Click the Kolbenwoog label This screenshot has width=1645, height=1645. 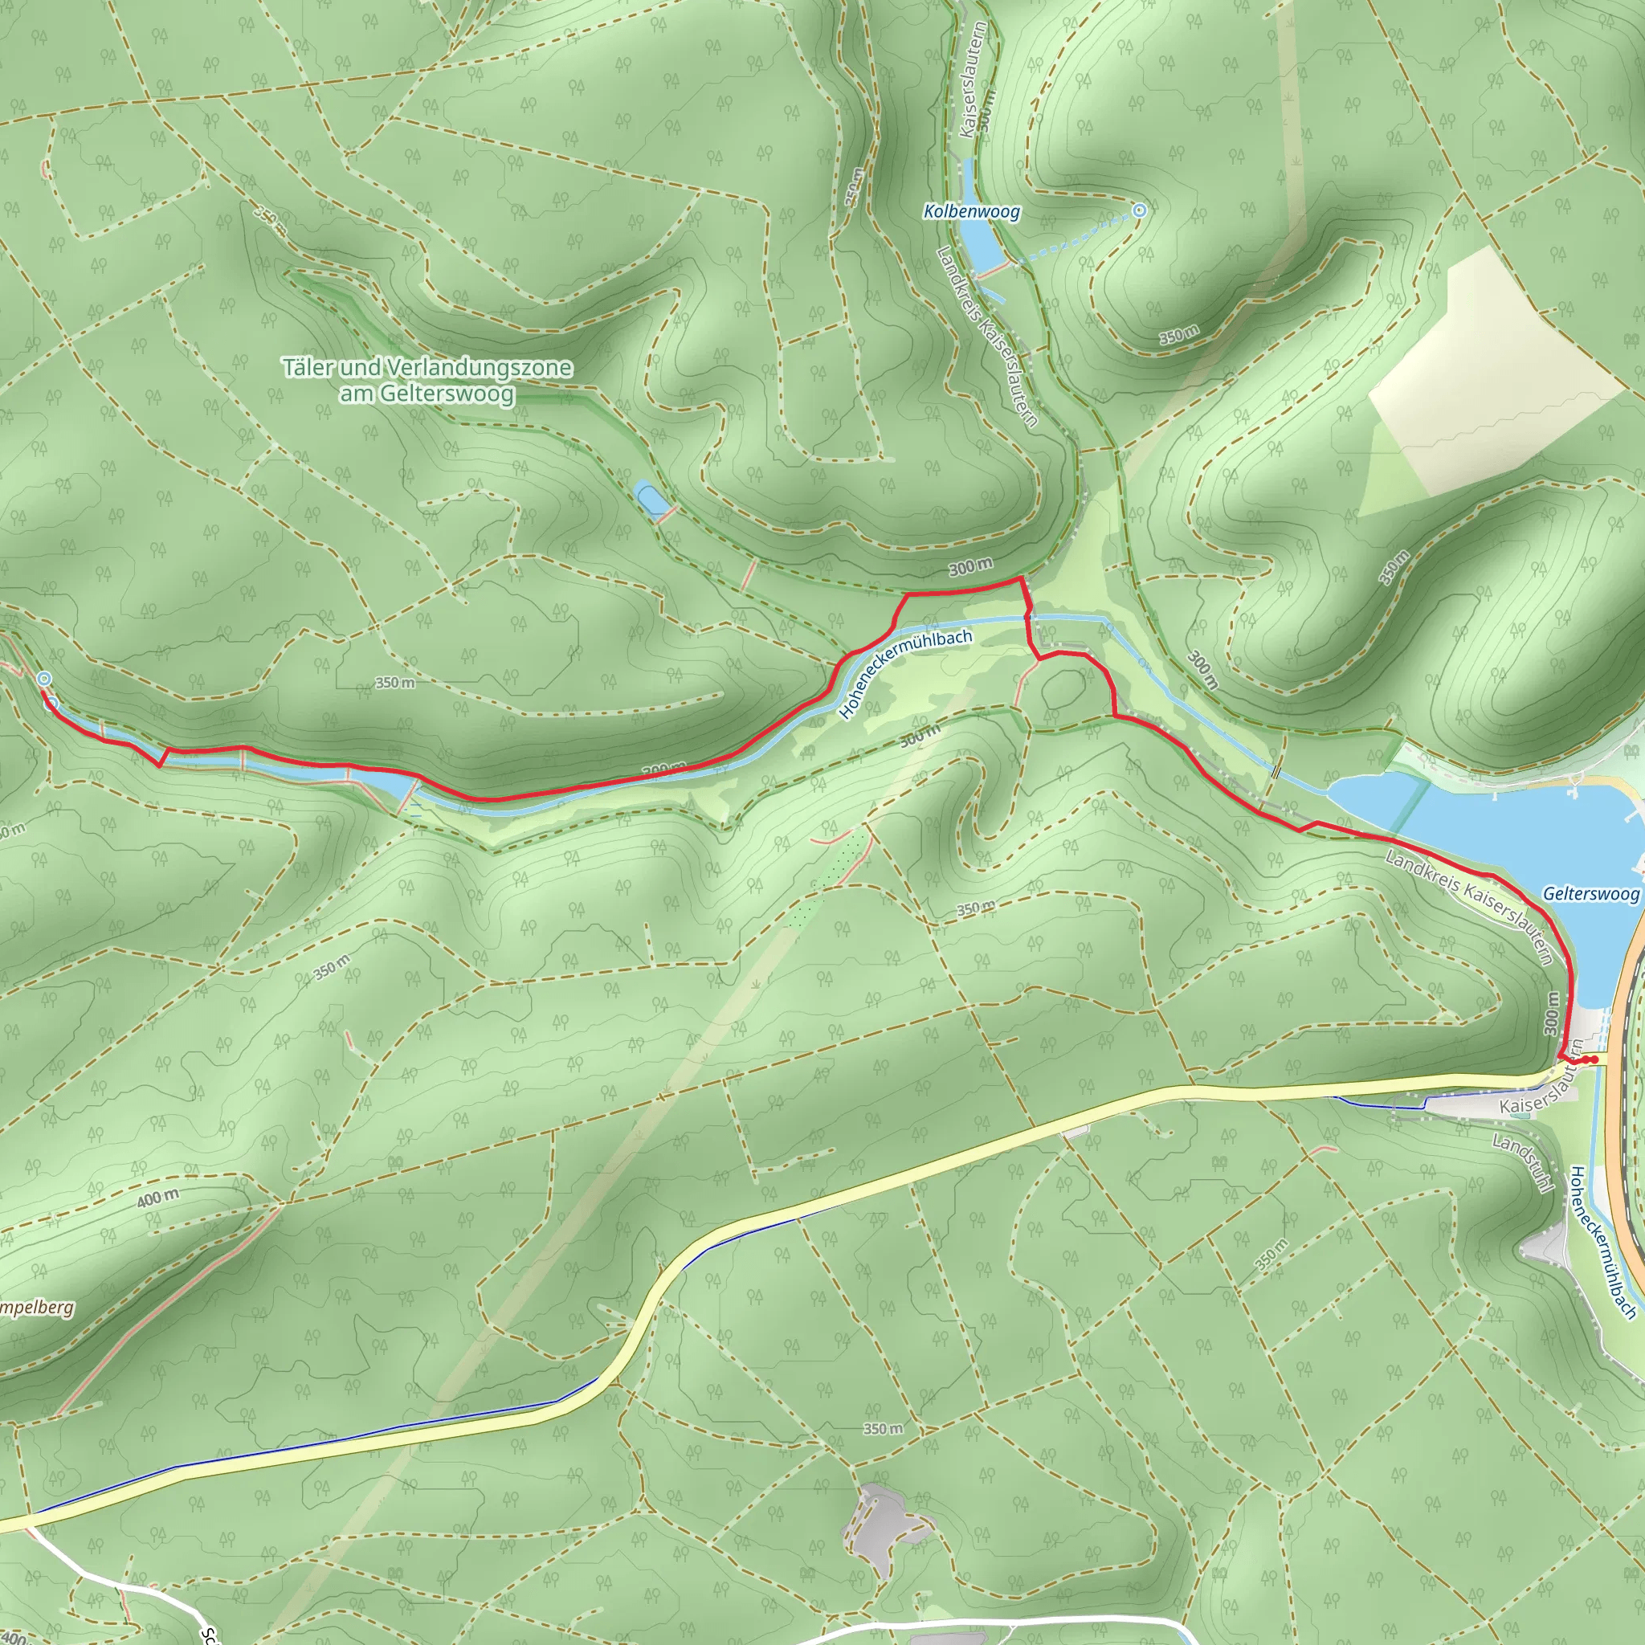972,211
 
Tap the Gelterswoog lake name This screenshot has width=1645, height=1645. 1590,894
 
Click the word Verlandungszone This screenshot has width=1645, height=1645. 479,368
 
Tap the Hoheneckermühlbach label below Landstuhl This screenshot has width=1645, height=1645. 1602,1243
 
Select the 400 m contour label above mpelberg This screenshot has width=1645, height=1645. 158,1198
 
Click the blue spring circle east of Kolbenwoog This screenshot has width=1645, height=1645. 1139,210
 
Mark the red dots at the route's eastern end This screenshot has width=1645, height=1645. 1589,1060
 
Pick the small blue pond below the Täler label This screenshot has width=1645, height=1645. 651,500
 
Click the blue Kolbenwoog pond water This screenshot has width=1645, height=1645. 983,247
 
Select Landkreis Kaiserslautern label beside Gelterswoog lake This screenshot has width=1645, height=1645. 1469,907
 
